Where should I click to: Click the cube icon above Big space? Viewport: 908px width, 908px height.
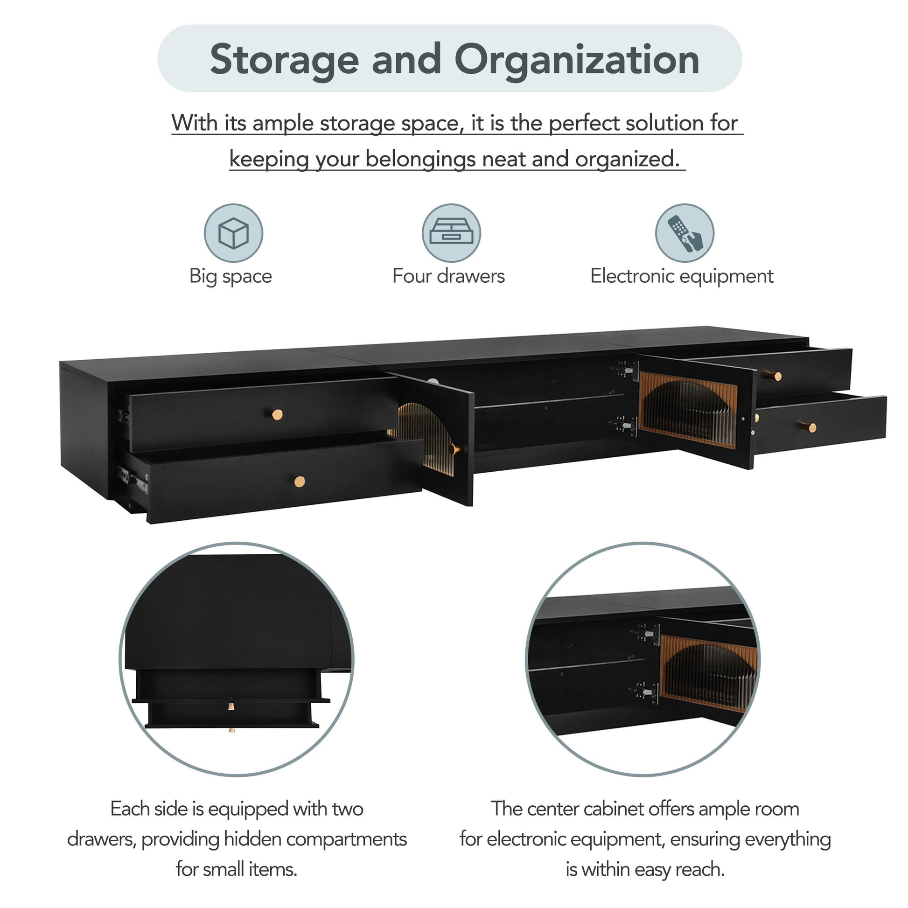[x=233, y=233]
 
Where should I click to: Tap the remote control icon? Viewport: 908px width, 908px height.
[x=684, y=233]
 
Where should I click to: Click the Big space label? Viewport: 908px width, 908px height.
[x=230, y=276]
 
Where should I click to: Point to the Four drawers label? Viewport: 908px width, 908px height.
[x=448, y=276]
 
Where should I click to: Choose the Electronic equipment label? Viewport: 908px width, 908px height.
[x=682, y=276]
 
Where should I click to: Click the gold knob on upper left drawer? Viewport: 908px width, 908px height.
[x=277, y=414]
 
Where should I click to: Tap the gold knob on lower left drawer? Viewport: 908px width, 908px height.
[x=300, y=481]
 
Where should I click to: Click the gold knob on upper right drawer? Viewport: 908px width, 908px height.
[x=773, y=376]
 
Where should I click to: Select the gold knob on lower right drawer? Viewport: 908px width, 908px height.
[x=808, y=427]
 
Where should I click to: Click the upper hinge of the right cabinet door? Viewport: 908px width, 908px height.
[x=628, y=370]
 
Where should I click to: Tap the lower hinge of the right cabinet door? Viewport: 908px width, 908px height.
[x=626, y=426]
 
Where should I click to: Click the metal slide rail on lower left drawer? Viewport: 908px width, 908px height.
[x=133, y=479]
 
